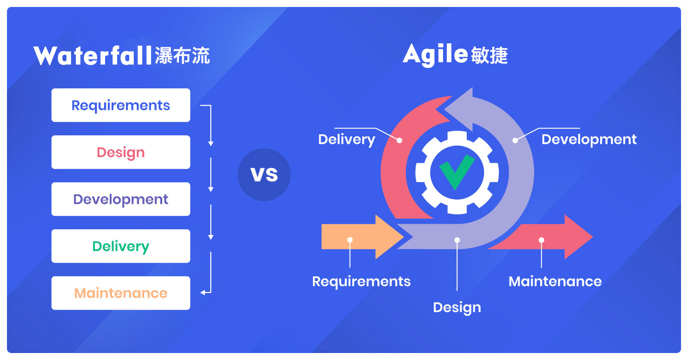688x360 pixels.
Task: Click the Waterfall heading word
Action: point(93,56)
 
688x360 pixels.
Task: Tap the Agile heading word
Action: point(435,55)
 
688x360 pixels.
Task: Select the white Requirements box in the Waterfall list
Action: point(121,105)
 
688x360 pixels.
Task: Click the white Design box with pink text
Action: point(121,152)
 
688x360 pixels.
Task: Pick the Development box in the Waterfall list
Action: point(121,199)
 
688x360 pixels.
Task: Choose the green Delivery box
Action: point(121,246)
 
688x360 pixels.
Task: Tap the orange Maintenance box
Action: point(121,293)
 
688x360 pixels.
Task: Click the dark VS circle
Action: point(264,174)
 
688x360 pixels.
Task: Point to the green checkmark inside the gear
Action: point(456,172)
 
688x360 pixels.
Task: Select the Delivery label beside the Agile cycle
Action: point(347,140)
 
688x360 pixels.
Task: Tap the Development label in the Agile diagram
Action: point(589,140)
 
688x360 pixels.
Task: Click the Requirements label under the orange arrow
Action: point(361,282)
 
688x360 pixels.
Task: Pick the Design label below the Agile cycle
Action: point(457,308)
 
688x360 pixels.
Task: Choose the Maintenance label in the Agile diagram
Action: point(555,281)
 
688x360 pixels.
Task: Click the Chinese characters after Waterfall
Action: point(182,56)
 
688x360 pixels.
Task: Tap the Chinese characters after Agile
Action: point(490,55)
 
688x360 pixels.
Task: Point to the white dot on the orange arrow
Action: point(350,240)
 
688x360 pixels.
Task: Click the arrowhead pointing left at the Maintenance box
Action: point(203,293)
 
